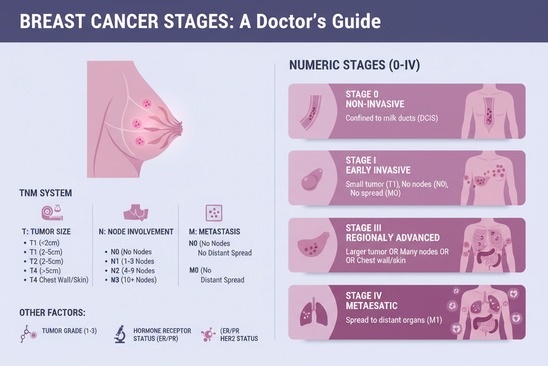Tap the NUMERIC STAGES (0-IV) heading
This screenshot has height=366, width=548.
click(354, 65)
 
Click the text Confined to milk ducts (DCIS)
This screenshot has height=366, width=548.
click(392, 118)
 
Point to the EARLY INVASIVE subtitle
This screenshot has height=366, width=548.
click(378, 170)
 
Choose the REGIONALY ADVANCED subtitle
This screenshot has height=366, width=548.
click(393, 238)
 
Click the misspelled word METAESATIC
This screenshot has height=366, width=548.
click(371, 306)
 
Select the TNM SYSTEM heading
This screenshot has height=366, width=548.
click(46, 193)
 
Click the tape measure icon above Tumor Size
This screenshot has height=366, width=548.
click(52, 212)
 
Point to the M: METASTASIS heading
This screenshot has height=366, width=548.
click(214, 232)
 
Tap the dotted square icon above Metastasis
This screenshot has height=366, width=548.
click(214, 213)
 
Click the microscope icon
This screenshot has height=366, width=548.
click(120, 334)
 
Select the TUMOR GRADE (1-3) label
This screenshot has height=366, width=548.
click(69, 331)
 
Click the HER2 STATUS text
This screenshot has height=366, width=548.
click(239, 339)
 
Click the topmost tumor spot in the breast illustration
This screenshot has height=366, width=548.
click(147, 104)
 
